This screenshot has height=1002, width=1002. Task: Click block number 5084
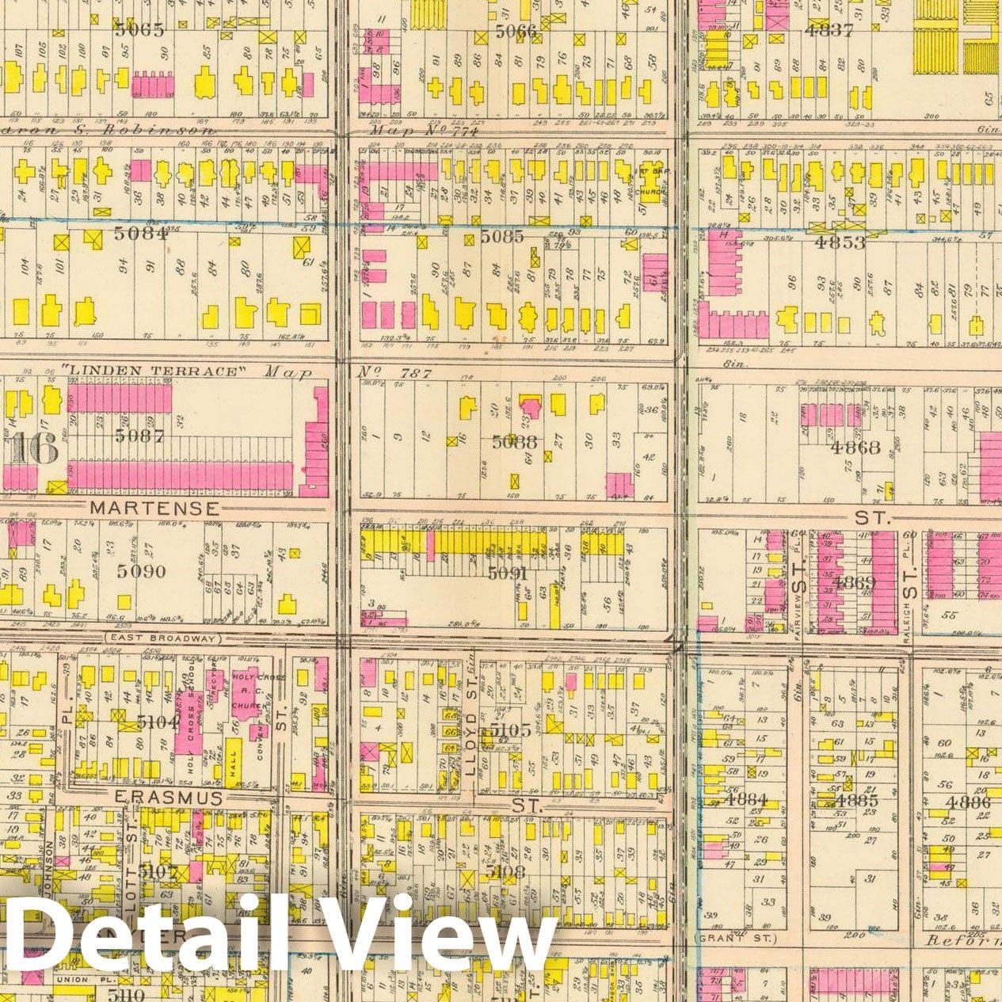click(x=140, y=234)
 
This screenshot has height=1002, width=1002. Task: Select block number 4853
click(x=840, y=243)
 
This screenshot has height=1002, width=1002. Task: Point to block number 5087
click(x=138, y=435)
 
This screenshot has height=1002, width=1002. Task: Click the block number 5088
click(x=514, y=443)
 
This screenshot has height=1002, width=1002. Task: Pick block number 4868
click(x=855, y=448)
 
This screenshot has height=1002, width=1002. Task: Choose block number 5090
click(x=139, y=571)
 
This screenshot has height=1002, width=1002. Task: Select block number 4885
click(x=857, y=800)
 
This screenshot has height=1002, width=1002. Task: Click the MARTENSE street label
click(x=154, y=507)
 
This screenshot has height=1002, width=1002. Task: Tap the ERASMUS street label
click(x=170, y=798)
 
